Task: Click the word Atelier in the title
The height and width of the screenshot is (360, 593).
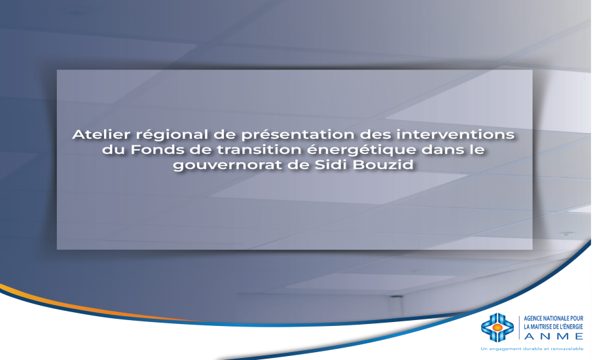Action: coord(95,135)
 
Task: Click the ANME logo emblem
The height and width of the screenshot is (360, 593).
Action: coord(497,327)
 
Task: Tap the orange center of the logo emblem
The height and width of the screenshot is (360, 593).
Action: coord(497,327)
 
